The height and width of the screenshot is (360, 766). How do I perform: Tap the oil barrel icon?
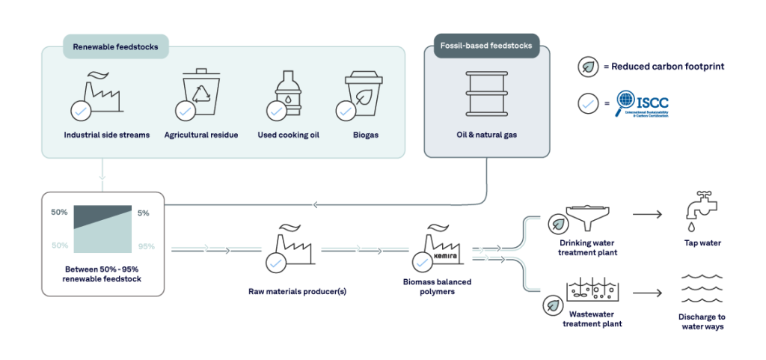tap(486, 93)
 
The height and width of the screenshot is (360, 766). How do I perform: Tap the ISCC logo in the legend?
tap(642, 105)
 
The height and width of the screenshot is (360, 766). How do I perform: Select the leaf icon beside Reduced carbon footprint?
tap(588, 67)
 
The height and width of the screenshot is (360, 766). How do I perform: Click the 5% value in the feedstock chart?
tap(144, 213)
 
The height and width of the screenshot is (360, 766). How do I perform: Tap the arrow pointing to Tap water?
tap(648, 216)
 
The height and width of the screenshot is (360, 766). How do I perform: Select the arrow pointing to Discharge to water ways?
tap(648, 295)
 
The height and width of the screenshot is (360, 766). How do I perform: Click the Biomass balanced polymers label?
tap(438, 287)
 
